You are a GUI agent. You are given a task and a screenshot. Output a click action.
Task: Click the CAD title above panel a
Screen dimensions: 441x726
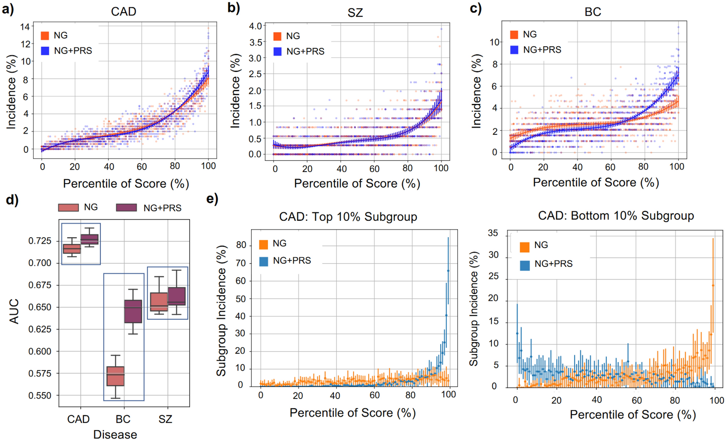pos(123,12)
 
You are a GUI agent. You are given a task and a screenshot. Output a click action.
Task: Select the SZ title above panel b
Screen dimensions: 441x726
pos(355,13)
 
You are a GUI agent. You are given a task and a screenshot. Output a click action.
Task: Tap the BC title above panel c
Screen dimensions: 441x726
pos(593,12)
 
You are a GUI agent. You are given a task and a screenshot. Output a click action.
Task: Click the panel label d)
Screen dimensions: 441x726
pos(12,199)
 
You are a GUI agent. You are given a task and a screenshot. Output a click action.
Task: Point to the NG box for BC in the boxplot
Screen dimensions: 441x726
pos(115,376)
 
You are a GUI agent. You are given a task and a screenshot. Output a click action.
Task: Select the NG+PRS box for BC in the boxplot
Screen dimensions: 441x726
pos(133,311)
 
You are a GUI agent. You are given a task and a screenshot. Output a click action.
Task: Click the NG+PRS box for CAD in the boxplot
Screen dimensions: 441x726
pos(89,239)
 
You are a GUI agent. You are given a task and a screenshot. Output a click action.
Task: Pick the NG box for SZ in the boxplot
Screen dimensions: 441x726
pos(159,302)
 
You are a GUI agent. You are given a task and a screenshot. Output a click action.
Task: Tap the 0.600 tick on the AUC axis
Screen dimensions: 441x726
pos(40,351)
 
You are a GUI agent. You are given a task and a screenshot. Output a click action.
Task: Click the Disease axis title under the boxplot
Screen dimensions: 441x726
pos(115,434)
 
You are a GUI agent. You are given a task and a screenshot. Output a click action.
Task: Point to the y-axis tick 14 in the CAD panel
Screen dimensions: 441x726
pos(25,27)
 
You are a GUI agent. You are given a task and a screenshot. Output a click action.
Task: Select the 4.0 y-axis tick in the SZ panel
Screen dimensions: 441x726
pos(255,26)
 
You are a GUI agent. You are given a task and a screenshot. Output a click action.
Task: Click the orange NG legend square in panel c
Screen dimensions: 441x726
pos(514,35)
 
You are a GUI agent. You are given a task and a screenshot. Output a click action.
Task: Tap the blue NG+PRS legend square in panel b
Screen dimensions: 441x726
pos(277,51)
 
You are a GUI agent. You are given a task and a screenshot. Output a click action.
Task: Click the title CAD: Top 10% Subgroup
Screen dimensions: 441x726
pos(348,217)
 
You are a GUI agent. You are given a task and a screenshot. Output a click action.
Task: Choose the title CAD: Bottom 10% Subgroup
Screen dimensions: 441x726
pos(616,216)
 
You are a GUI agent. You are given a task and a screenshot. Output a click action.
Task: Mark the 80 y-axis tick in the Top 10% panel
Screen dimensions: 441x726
pos(241,245)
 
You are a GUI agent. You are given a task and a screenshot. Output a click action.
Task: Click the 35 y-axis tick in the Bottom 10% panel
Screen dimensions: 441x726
pos(493,233)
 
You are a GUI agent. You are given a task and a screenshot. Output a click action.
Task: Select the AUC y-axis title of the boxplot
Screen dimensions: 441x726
pos(14,311)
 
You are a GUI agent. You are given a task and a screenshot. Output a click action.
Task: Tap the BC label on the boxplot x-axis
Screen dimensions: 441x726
pos(123,419)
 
